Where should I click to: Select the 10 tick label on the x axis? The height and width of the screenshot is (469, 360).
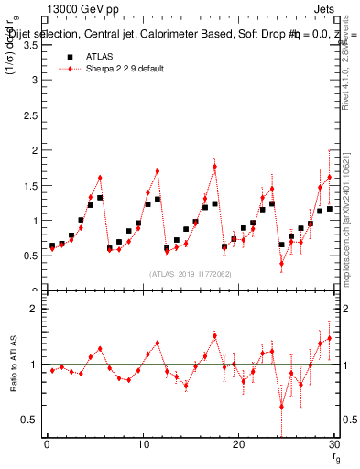[142, 445]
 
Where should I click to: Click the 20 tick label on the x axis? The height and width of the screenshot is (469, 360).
[238, 445]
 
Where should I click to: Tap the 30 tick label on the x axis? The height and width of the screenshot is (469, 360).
[333, 445]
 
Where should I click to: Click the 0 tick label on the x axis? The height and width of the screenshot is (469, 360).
[47, 445]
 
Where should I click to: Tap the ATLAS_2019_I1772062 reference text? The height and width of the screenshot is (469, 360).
[190, 273]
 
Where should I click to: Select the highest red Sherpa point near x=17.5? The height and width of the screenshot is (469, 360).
[214, 167]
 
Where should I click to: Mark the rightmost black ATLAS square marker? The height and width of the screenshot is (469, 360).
[329, 209]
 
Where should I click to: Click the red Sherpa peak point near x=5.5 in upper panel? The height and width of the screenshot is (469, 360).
[100, 177]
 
